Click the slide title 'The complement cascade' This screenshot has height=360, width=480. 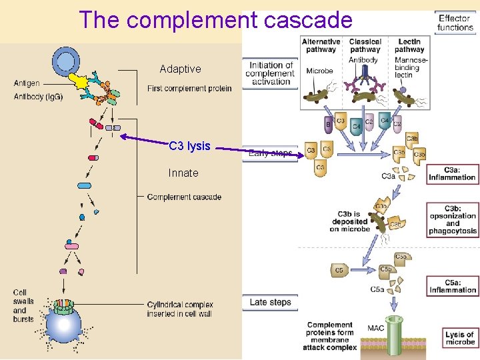(215, 20)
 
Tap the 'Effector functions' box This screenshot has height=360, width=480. (455, 23)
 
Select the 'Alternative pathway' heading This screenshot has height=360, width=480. (321, 45)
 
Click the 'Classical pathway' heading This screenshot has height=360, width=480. (365, 45)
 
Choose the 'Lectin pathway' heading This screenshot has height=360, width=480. (409, 45)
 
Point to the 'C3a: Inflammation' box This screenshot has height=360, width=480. (452, 173)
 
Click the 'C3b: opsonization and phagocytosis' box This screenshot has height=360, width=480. (452, 219)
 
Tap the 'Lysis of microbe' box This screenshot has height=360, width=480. (460, 338)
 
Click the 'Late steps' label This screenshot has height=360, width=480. (270, 302)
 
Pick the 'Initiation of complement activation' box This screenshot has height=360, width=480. (270, 73)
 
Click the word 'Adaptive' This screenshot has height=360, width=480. (180, 69)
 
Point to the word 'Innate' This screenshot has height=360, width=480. (183, 173)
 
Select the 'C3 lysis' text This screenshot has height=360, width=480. (189, 146)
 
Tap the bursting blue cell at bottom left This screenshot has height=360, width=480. (63, 325)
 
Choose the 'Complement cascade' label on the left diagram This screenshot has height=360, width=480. (184, 197)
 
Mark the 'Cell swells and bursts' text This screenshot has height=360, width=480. (23, 305)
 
